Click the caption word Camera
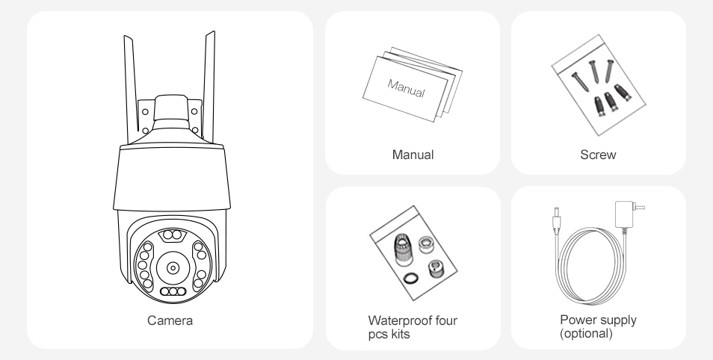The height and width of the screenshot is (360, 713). click(170, 320)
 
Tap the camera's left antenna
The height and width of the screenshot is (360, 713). click(131, 89)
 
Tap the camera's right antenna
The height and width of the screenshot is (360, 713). click(209, 87)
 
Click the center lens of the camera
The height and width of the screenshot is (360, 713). click(173, 268)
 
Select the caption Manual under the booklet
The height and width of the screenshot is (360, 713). click(413, 155)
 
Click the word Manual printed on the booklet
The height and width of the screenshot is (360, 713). click(406, 87)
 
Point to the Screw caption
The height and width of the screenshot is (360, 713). click(598, 155)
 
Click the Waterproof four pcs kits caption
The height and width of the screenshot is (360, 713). click(413, 327)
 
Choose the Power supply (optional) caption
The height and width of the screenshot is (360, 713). click(598, 326)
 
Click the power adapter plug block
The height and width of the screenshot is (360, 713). click(625, 214)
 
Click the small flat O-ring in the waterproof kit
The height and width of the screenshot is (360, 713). click(411, 278)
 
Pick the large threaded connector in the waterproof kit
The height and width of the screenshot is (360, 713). click(402, 249)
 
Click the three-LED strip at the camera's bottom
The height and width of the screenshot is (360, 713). click(173, 291)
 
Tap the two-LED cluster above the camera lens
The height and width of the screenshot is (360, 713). click(173, 235)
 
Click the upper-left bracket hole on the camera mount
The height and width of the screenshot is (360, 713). click(145, 111)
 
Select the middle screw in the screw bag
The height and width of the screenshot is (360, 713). click(594, 72)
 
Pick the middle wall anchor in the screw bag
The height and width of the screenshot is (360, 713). click(610, 102)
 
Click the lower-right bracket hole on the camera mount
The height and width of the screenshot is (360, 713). click(195, 131)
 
